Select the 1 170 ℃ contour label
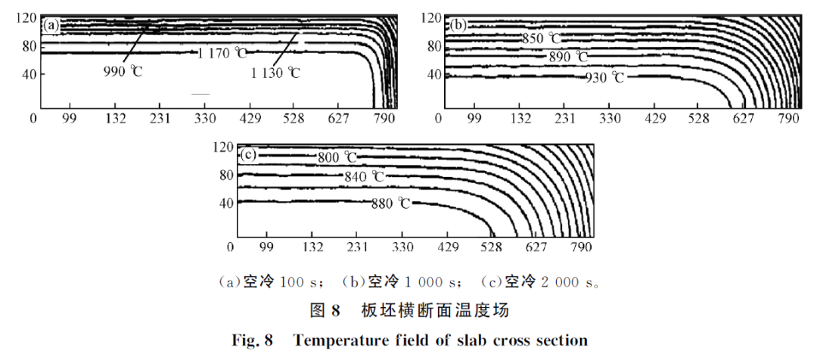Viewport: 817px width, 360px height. coord(222,53)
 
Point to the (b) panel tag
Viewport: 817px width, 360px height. coord(458,25)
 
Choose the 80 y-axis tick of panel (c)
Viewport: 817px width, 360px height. coord(224,175)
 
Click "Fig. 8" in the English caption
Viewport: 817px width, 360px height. coord(252,340)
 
